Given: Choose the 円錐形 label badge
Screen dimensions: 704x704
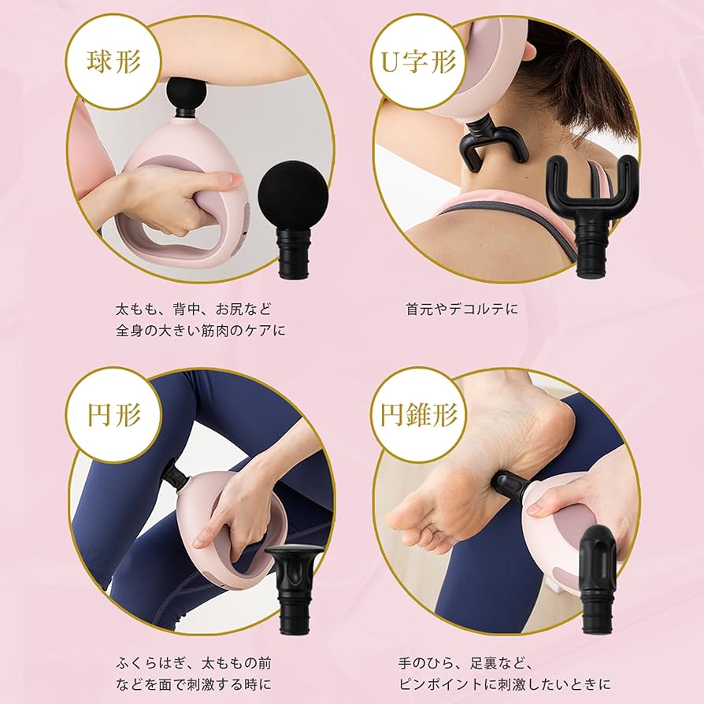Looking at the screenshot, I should coord(419,415).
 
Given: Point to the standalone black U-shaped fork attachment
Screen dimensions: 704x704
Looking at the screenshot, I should coord(591,189).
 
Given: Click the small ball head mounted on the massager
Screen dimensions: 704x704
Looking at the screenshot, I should coord(186,93).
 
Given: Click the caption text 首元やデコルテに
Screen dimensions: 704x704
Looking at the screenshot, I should coord(463,309).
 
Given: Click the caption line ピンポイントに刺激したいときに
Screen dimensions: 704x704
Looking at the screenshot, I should coord(505,684).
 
